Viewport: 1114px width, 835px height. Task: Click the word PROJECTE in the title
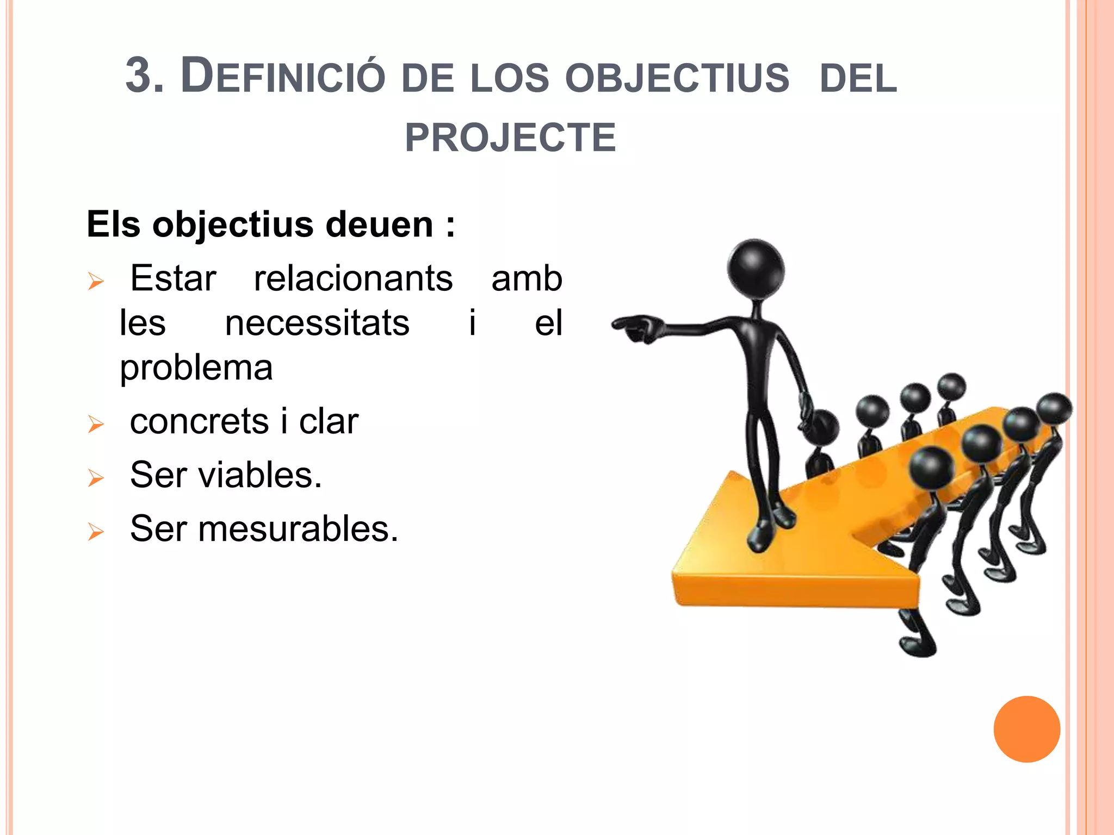click(510, 138)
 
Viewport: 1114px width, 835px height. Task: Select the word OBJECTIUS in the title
click(677, 77)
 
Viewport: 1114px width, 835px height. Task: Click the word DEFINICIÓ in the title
click(283, 76)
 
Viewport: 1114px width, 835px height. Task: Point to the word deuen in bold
click(379, 225)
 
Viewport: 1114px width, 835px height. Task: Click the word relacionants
click(354, 278)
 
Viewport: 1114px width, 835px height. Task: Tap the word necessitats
click(317, 323)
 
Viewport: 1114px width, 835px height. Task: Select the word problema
click(196, 368)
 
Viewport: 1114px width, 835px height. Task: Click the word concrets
click(199, 421)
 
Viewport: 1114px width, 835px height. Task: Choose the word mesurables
click(298, 528)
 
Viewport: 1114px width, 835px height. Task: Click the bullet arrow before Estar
click(96, 282)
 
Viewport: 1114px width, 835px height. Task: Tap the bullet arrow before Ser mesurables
click(96, 532)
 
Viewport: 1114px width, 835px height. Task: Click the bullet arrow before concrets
click(96, 424)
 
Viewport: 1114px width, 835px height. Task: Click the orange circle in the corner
click(1026, 729)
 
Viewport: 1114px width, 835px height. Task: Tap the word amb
click(527, 278)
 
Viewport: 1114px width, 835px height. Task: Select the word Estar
click(173, 278)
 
